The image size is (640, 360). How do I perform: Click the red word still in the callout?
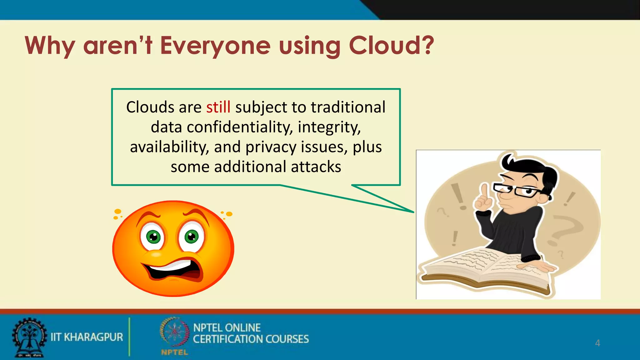point(218,107)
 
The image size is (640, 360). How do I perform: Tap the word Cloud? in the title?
point(391,46)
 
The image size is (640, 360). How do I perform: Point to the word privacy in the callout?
point(271,147)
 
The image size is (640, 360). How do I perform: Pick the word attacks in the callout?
point(316,167)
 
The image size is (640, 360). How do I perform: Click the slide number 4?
point(597,343)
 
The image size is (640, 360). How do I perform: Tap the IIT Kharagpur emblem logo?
point(29,337)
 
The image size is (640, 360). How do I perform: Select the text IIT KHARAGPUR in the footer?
point(87,337)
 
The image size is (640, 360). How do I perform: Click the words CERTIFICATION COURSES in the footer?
point(251,339)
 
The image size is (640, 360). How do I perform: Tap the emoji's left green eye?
point(153,237)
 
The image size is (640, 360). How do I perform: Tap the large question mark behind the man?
point(564,230)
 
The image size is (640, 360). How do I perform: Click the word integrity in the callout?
point(329,127)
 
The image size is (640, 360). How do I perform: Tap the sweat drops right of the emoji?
point(227,214)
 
